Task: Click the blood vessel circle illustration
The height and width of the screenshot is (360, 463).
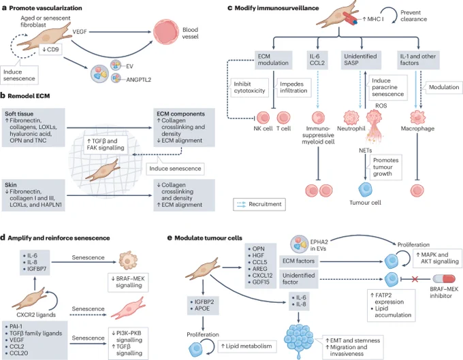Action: pyautogui.click(x=166, y=32)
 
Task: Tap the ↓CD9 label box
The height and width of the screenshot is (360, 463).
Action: pyautogui.click(x=50, y=50)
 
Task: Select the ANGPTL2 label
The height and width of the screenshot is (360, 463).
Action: pyautogui.click(x=138, y=80)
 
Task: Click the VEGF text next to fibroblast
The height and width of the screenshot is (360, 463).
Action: pyautogui.click(x=80, y=31)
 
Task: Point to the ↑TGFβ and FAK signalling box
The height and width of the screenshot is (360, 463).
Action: pyautogui.click(x=106, y=144)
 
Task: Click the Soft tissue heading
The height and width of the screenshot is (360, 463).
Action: pyautogui.click(x=19, y=114)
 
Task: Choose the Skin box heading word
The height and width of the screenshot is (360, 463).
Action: pyautogui.click(x=11, y=185)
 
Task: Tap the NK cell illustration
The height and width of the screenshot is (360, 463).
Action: pyautogui.click(x=263, y=118)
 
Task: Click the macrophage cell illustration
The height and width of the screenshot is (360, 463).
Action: pyautogui.click(x=417, y=117)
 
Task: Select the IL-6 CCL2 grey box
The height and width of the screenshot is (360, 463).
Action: pyautogui.click(x=317, y=60)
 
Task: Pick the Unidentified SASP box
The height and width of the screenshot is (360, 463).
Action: pyautogui.click(x=361, y=60)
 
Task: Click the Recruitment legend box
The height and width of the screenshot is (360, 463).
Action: pyautogui.click(x=259, y=204)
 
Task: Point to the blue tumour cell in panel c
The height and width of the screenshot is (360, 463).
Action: pyautogui.click(x=365, y=189)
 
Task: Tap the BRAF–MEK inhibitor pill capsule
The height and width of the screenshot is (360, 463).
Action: pyautogui.click(x=444, y=279)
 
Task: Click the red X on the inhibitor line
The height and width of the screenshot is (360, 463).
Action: pyautogui.click(x=415, y=279)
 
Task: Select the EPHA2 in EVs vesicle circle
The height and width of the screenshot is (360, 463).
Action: pyautogui.click(x=300, y=244)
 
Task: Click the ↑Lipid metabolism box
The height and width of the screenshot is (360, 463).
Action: pyautogui.click(x=247, y=346)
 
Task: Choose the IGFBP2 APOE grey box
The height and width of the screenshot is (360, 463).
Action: pyautogui.click(x=203, y=306)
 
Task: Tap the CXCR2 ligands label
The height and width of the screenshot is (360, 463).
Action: pyautogui.click(x=36, y=315)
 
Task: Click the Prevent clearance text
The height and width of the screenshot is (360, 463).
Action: pyautogui.click(x=413, y=16)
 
